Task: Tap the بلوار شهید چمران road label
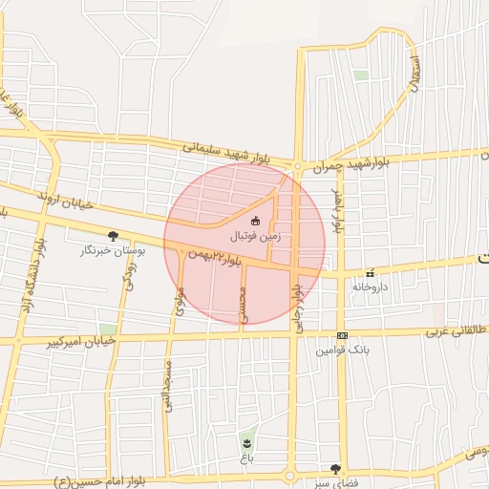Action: pyautogui.click(x=357, y=159)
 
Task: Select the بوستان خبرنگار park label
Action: pyautogui.click(x=115, y=250)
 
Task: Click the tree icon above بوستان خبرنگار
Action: pyautogui.click(x=114, y=236)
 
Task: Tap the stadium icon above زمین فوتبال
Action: pyautogui.click(x=254, y=221)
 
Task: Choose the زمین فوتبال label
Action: pyautogui.click(x=255, y=235)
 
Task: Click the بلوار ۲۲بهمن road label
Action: pyautogui.click(x=210, y=255)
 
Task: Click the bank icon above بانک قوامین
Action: pyautogui.click(x=342, y=335)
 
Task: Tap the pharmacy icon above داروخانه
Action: pyautogui.click(x=368, y=271)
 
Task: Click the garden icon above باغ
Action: pyautogui.click(x=247, y=443)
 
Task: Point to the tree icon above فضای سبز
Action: pyautogui.click(x=334, y=469)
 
